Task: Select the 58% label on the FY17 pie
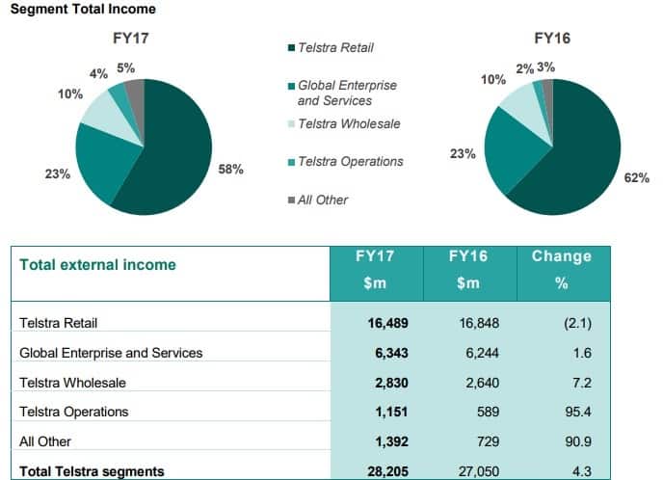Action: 231,170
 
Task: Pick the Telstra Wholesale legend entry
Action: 343,123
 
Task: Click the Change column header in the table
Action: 562,256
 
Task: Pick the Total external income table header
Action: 98,264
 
